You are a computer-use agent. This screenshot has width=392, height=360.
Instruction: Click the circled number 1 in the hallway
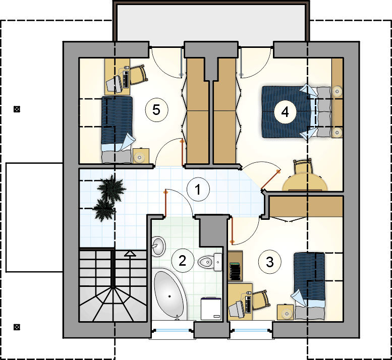point(198,190)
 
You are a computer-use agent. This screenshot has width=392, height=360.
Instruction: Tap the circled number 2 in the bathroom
point(183,261)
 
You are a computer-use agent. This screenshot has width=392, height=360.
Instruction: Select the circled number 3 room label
point(270,262)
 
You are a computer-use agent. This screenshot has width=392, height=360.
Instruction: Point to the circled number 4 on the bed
point(285,112)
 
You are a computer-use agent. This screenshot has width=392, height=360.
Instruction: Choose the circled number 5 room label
point(156,110)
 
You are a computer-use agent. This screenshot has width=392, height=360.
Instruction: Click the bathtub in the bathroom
point(170,295)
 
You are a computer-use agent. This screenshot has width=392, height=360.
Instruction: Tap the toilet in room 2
point(210,262)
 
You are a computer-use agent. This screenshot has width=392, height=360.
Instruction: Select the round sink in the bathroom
point(158,246)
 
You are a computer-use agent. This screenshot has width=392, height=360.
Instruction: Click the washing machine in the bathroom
point(211,309)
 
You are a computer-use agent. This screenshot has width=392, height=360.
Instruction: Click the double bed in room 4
point(296,112)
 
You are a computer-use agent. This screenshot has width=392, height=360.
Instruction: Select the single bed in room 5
point(117,130)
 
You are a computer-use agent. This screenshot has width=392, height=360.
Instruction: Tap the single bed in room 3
point(309,286)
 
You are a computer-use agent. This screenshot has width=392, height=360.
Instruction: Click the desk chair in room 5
point(139,75)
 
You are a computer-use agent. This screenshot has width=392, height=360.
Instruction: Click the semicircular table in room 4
point(305,183)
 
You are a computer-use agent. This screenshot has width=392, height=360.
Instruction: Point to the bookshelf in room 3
point(235,266)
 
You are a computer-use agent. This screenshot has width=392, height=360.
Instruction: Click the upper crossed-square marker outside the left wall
point(17,109)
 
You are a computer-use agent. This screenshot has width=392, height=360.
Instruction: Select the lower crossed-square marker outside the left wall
point(17,327)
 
